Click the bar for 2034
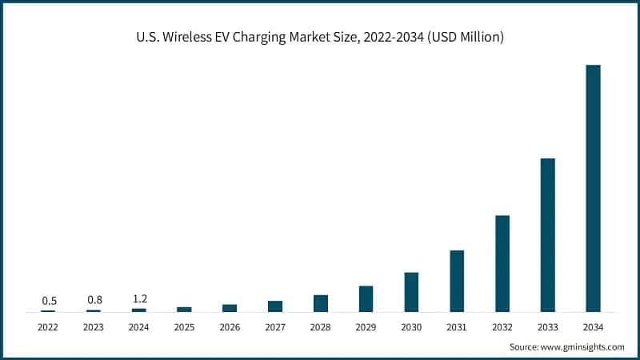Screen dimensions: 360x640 pyautogui.click(x=593, y=188)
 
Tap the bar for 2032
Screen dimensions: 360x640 pyautogui.click(x=502, y=263)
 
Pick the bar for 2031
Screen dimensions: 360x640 pyautogui.click(x=457, y=281)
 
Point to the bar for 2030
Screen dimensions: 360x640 pyautogui.click(x=411, y=292)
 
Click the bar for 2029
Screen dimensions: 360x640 pyautogui.click(x=366, y=298)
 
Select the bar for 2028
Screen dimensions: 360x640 pyautogui.click(x=321, y=303)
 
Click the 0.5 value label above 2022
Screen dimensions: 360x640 pyautogui.click(x=49, y=301)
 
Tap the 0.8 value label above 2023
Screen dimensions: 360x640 pyautogui.click(x=94, y=300)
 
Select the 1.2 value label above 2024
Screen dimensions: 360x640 pyautogui.click(x=139, y=299)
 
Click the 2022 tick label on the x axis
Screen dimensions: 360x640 pyautogui.click(x=49, y=327)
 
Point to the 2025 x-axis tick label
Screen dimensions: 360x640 pyautogui.click(x=185, y=327)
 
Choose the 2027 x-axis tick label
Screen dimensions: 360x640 pyautogui.click(x=275, y=327)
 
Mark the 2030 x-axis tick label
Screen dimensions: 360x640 pyautogui.click(x=411, y=327)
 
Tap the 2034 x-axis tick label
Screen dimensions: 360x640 pyautogui.click(x=593, y=327)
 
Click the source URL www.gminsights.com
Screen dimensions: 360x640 pyautogui.click(x=583, y=346)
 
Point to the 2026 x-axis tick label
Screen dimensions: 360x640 pyautogui.click(x=230, y=327)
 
